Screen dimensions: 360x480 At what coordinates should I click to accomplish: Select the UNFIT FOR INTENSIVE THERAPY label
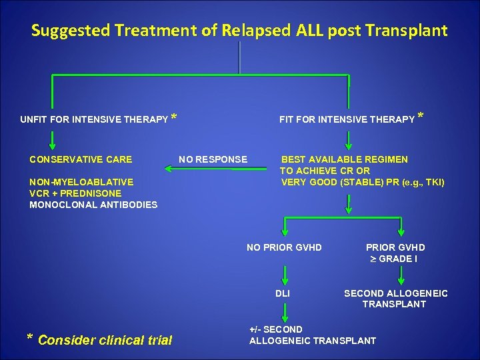(94, 120)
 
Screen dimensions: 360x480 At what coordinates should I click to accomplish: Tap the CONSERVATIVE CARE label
(81, 159)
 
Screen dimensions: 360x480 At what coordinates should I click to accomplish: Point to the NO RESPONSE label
(213, 159)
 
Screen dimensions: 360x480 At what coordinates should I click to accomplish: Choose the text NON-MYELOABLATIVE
(81, 181)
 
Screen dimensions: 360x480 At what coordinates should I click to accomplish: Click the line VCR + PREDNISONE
(75, 193)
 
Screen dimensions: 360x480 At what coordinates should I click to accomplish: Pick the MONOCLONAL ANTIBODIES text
(93, 205)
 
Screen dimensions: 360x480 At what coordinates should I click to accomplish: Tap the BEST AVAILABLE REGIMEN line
(345, 159)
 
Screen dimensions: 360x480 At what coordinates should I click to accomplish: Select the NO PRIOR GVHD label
(284, 247)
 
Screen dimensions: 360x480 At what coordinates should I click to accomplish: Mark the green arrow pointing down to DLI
(285, 273)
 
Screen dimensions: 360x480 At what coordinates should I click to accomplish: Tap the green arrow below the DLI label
(285, 312)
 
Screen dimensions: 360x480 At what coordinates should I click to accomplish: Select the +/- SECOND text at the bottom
(275, 329)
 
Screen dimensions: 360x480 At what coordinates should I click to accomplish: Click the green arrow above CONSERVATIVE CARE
(52, 139)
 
